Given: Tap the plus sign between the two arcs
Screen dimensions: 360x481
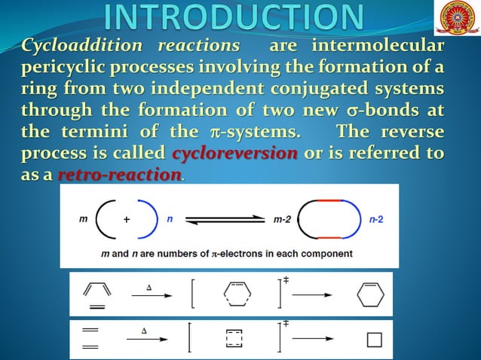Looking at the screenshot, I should (x=127, y=220).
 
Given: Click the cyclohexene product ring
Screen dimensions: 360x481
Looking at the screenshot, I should (x=370, y=294).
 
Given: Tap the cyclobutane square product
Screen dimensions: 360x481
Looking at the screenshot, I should (x=375, y=340).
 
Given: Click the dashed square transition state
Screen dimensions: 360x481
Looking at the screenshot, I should (x=235, y=340).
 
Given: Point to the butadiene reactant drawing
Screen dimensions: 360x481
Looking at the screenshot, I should (x=97, y=292).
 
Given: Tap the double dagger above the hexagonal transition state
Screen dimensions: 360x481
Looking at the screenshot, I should (x=286, y=280).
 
